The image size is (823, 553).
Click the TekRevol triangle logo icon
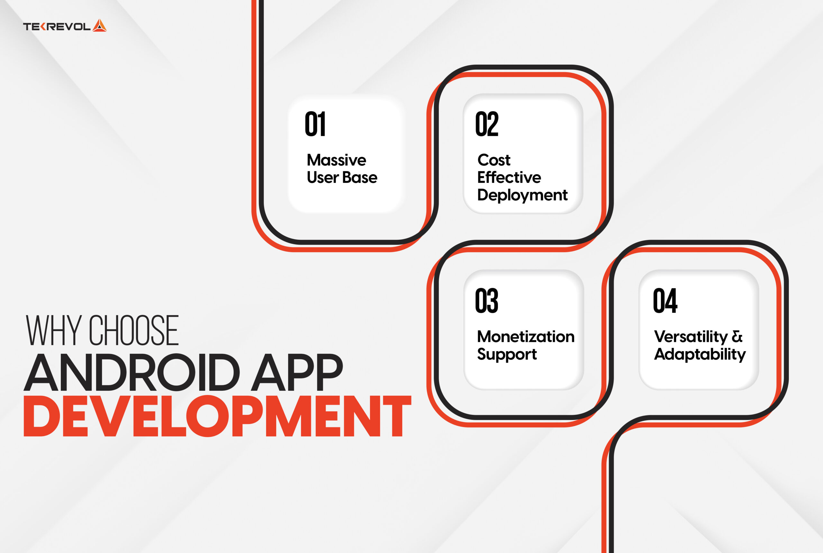[99, 26]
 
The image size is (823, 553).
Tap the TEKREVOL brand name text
[57, 27]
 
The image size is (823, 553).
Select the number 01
[315, 124]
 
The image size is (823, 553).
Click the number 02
[487, 124]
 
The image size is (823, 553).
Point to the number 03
[487, 301]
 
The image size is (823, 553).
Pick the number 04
[665, 301]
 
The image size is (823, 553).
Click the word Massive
[336, 160]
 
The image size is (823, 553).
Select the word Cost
[494, 160]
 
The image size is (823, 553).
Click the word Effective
[509, 177]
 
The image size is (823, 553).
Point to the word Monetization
[526, 337]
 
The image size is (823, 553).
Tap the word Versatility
[691, 337]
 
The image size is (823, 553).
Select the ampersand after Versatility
[737, 337]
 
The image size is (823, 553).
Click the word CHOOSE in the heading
[134, 331]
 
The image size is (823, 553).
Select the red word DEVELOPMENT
[217, 416]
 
